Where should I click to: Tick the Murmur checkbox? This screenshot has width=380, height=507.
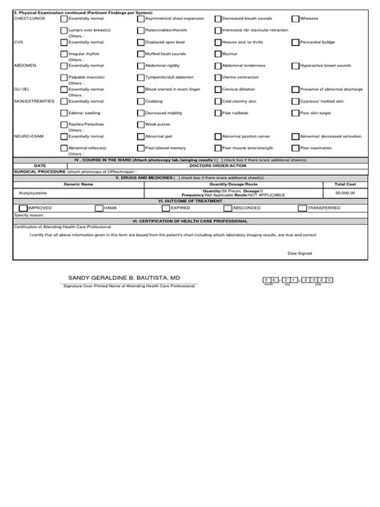[x=218, y=53]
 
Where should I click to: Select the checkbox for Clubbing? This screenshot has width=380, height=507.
[x=141, y=102]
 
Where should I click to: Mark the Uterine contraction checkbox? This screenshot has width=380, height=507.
[x=218, y=77]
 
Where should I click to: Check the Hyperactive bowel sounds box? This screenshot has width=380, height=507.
[x=295, y=66]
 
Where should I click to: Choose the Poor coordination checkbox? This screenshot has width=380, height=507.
[x=295, y=148]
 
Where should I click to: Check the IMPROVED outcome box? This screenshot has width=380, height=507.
[x=22, y=207]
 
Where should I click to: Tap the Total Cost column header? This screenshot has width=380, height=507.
[x=345, y=184]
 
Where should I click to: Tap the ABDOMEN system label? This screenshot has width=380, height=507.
[x=26, y=66]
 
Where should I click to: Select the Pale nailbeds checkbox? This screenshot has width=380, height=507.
[x=218, y=113]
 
